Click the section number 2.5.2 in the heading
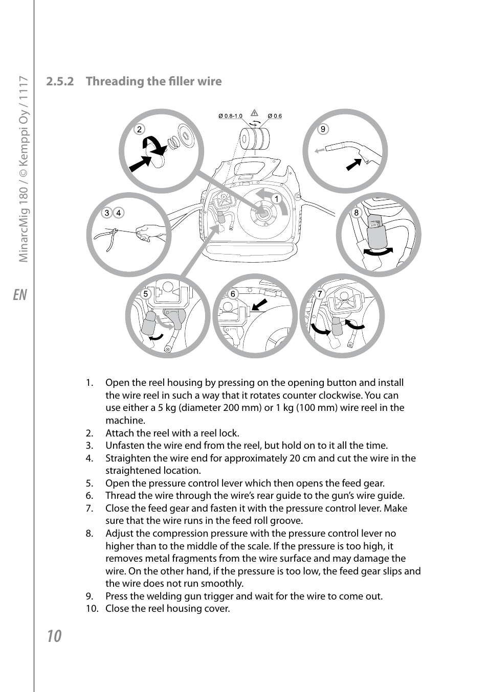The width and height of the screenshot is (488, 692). pos(60,81)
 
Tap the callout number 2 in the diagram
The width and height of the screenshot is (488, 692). pos(139,129)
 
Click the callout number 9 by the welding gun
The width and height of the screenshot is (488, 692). pos(323,129)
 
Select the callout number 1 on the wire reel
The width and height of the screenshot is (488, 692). pos(276,198)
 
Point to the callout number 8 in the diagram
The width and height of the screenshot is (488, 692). pos(357,213)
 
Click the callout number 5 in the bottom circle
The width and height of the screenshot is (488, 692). pos(146,294)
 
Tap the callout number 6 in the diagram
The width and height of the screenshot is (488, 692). pos(233,294)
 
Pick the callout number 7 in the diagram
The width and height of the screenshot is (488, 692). pos(320,294)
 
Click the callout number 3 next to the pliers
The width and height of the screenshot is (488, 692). pos(106,213)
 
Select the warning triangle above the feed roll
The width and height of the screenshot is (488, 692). pos(254,112)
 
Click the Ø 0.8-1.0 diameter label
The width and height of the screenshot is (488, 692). pos(230,116)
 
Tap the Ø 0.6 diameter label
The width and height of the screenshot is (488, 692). pos(275,116)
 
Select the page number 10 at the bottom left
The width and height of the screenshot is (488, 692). pos(54,636)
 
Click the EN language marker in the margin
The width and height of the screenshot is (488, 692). pos(19,295)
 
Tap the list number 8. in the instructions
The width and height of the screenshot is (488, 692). pos(90,534)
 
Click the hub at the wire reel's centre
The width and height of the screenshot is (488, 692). pos(263,214)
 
